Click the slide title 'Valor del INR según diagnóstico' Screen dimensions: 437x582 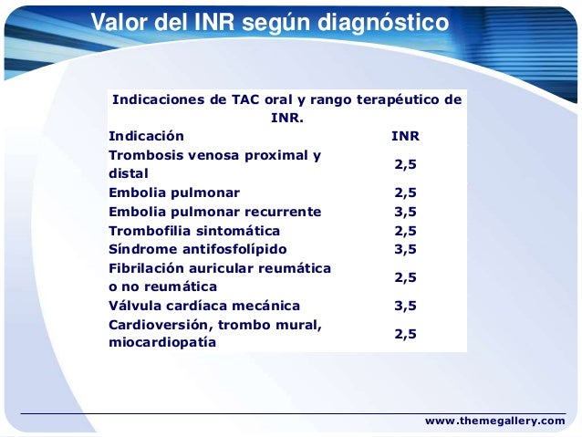(269, 22)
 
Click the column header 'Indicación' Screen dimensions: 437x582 (145, 136)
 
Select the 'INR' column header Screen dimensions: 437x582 (405, 136)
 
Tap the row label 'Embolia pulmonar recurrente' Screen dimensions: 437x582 (214, 212)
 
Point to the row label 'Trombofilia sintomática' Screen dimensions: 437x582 (194, 231)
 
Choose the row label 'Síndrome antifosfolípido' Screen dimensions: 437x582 (197, 249)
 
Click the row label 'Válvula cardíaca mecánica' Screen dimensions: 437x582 (203, 306)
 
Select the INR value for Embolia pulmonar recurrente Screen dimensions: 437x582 (405, 212)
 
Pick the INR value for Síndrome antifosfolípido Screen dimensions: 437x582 (405, 249)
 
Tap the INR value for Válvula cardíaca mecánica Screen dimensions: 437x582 (405, 306)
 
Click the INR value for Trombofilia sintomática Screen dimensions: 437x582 (405, 231)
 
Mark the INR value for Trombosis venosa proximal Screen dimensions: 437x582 (405, 164)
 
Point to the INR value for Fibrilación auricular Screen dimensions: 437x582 (405, 277)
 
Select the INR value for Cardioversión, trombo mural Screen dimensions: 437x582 (405, 334)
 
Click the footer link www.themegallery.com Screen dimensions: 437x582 (495, 421)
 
